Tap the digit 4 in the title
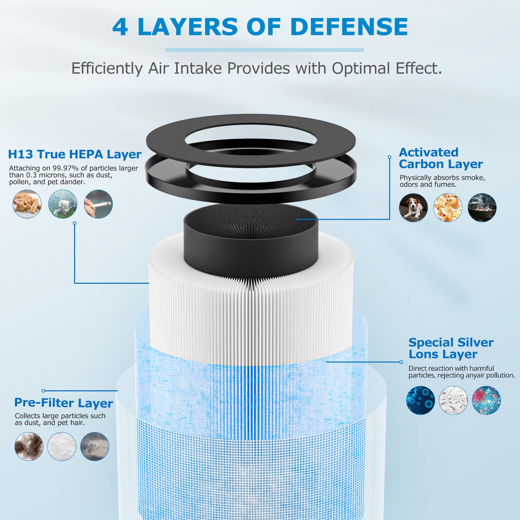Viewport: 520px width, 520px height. click(120, 27)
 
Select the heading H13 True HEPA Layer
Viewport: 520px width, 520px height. click(75, 154)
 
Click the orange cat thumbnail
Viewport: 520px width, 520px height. click(27, 204)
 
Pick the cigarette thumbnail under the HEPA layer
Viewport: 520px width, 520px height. click(98, 204)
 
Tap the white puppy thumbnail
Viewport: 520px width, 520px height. click(413, 208)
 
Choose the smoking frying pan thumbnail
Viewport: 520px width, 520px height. click(482, 208)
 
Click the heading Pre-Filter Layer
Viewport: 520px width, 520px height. click(64, 403)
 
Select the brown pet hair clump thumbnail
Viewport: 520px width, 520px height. click(29, 446)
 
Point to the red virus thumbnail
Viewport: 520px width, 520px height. click(486, 400)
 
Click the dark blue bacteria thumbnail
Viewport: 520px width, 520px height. click(421, 400)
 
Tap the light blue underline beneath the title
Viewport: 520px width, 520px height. click(265, 50)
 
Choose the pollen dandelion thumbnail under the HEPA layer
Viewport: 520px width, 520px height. click(63, 204)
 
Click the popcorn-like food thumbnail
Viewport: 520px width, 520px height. click(448, 208)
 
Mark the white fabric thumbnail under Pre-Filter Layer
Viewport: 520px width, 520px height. click(62, 446)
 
